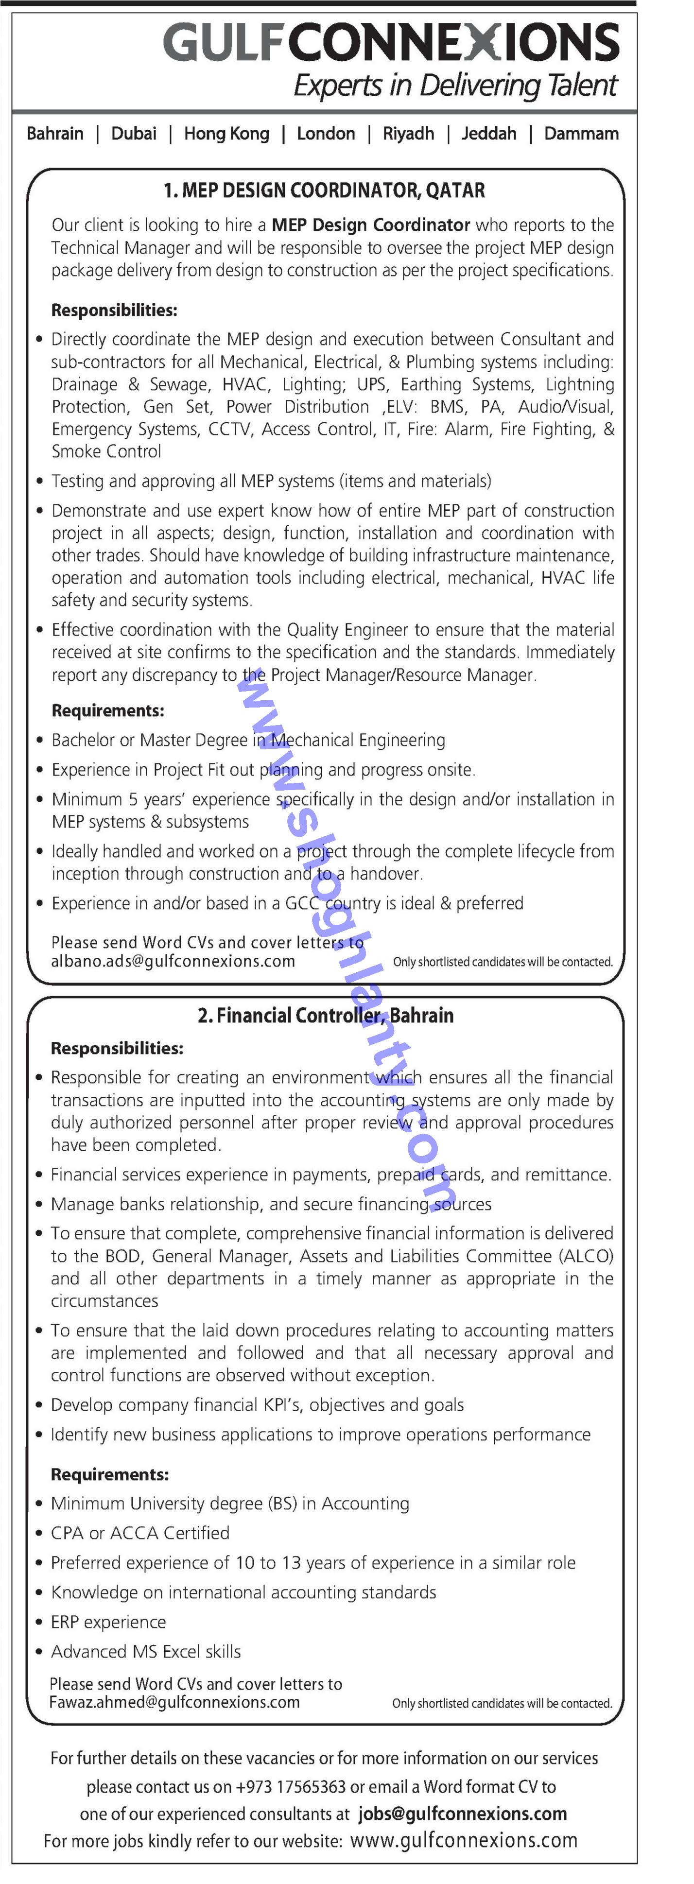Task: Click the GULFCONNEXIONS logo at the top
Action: (391, 42)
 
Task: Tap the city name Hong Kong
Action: (226, 134)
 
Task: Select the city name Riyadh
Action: (408, 134)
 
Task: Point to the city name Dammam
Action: (581, 134)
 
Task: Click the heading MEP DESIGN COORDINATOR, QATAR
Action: (324, 191)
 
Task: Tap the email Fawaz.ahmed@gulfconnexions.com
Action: (174, 1702)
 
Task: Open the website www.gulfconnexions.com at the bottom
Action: (464, 1840)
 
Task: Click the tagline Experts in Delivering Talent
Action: (455, 86)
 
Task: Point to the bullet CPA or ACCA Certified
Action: (139, 1533)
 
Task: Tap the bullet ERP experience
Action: (108, 1622)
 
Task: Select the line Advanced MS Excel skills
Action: (145, 1651)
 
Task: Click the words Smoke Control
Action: (106, 451)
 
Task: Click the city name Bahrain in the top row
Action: (55, 134)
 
